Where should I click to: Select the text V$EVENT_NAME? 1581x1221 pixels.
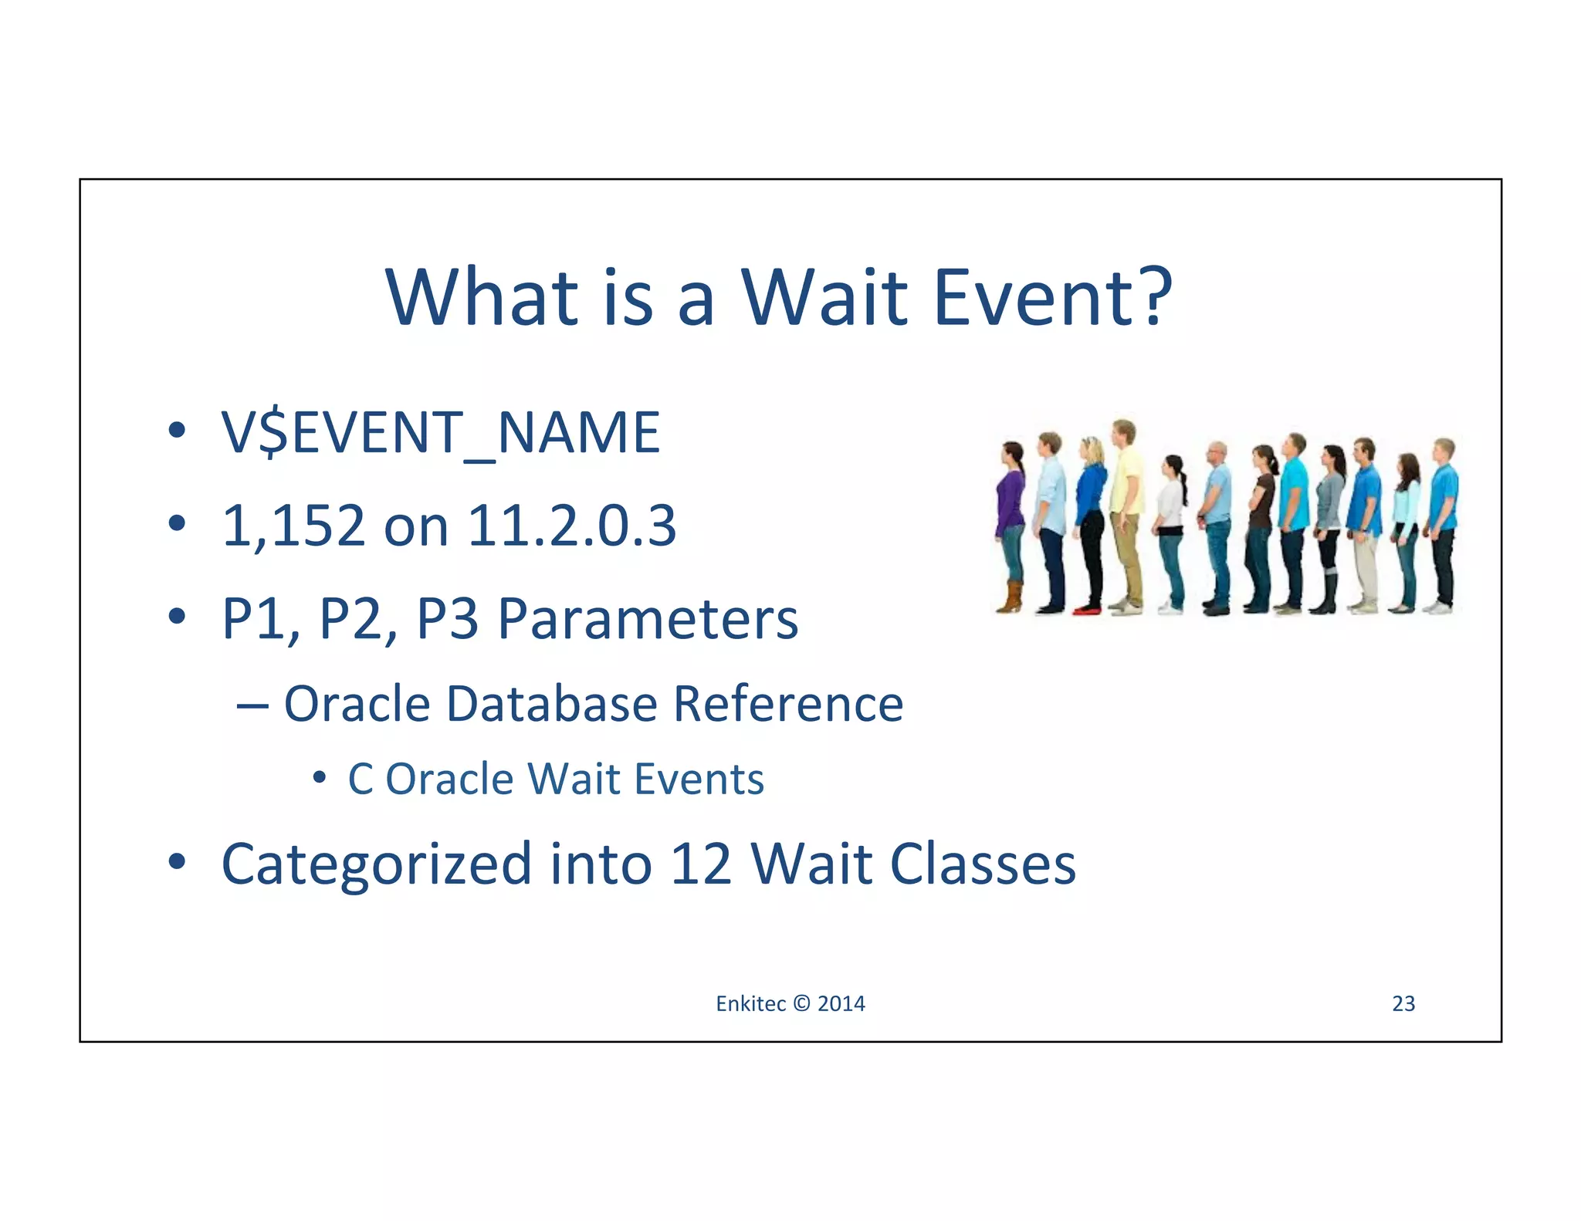point(440,432)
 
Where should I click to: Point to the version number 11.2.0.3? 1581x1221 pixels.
point(571,526)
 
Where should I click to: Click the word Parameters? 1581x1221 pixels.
point(647,620)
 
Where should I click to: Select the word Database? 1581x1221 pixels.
point(552,704)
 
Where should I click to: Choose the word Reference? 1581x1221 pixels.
point(787,704)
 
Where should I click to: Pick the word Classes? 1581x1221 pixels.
point(983,864)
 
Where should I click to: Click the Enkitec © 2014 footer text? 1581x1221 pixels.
point(790,1003)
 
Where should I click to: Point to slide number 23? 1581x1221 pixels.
point(1403,1003)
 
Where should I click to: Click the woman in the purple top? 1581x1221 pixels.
point(1010,502)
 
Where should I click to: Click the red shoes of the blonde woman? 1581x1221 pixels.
point(1086,610)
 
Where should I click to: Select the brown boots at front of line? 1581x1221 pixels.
point(1009,599)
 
